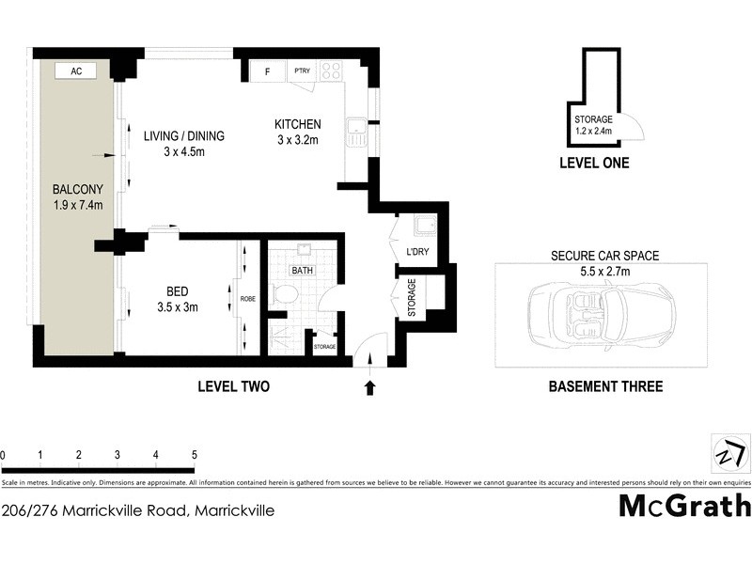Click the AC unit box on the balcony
click(76, 70)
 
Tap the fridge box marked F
click(267, 70)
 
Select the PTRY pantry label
click(302, 70)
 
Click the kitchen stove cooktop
click(331, 70)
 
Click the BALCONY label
click(77, 188)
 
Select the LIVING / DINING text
click(184, 136)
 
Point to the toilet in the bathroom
click(283, 295)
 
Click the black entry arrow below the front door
click(369, 385)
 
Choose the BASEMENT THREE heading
click(604, 386)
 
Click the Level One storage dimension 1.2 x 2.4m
click(593, 132)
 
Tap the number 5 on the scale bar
click(193, 455)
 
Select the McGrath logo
click(683, 506)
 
